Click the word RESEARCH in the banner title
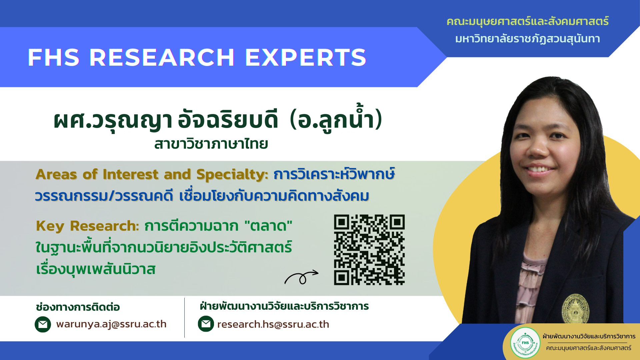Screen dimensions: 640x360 pos(162,57)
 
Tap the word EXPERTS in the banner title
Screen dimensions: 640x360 pos(306,57)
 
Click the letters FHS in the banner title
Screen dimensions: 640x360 pos(53,57)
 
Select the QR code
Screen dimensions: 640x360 pos(369,250)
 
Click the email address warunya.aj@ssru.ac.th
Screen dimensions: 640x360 pos(111,324)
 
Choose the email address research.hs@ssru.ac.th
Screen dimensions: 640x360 pos(273,324)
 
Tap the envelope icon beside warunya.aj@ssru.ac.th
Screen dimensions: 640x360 pos(43,324)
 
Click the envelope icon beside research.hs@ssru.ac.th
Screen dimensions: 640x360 pos(206,324)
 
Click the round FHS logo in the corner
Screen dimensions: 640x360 pos(525,343)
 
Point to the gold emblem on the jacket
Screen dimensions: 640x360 pos(576,309)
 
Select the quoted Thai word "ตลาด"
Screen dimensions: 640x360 pos(268,226)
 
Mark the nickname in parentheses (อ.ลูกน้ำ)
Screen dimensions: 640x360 pos(336,120)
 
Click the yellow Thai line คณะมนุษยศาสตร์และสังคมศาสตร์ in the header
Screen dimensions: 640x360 pos(528,22)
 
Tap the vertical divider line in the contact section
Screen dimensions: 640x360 pos(184,318)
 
